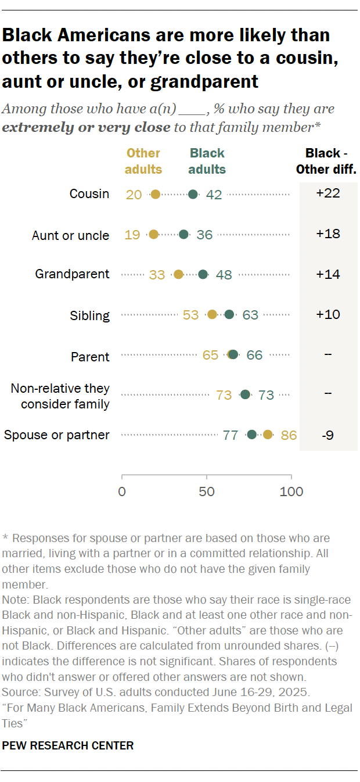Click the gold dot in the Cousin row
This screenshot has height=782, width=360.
[x=155, y=194]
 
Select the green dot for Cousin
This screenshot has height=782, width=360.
[x=193, y=194]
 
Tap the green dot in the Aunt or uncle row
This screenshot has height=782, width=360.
[x=183, y=235]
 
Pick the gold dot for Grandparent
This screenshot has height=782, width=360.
[x=178, y=274]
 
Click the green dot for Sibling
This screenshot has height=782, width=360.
[x=229, y=314]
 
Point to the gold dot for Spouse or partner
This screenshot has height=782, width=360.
[x=268, y=434]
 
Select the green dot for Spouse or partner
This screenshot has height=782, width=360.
[x=251, y=434]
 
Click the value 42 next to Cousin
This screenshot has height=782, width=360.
[x=214, y=195]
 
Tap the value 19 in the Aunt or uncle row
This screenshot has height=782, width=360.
[x=132, y=235]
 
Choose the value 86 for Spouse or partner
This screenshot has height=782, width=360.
[x=289, y=435]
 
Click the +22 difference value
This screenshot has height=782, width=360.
[x=328, y=193]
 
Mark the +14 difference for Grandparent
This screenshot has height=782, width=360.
[x=328, y=274]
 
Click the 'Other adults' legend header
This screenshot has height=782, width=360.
[x=143, y=162]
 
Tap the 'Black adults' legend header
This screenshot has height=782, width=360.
[x=207, y=162]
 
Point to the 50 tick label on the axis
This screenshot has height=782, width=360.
[x=207, y=492]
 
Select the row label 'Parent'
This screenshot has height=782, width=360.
[x=90, y=356]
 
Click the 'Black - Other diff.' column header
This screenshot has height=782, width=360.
[x=326, y=162]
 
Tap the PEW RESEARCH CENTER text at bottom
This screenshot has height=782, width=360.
[x=68, y=745]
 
